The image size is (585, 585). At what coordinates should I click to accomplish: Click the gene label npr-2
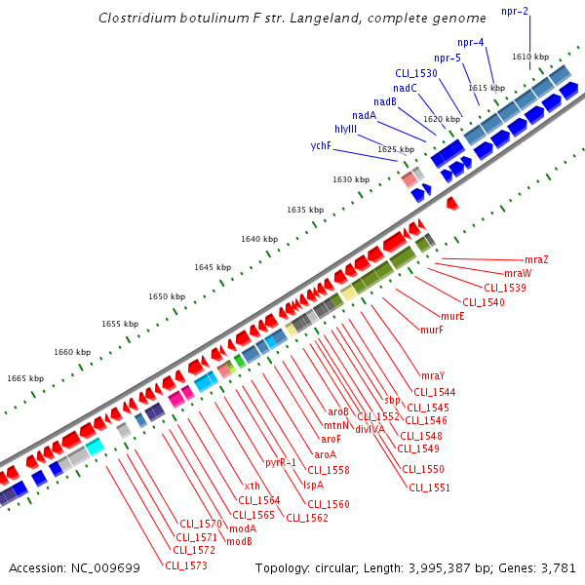coord(515,11)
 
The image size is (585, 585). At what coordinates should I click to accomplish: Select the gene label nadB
coord(385,101)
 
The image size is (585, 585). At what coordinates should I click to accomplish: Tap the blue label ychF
coord(321,145)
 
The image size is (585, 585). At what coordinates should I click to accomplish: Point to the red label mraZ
coord(536,259)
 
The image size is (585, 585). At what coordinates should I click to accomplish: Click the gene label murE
coord(452,316)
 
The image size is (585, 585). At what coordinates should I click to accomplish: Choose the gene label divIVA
coord(370,429)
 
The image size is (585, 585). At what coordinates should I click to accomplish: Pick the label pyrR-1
coord(281,462)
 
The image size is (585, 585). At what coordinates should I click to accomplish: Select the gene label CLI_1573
coord(185,565)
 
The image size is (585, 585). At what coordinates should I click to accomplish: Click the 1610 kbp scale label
coord(530,58)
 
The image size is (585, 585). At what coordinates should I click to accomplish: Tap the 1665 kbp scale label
coord(25,378)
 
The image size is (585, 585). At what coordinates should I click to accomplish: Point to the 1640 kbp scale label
coord(259,239)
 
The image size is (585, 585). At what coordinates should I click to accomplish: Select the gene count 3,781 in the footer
coord(558,567)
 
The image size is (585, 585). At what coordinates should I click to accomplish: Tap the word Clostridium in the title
coord(137,19)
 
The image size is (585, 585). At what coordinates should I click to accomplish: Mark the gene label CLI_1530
coord(416,73)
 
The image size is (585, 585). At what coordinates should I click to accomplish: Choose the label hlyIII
coord(345,129)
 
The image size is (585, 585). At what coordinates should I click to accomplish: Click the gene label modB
coord(239,541)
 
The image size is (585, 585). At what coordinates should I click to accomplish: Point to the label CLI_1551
coord(428,487)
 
